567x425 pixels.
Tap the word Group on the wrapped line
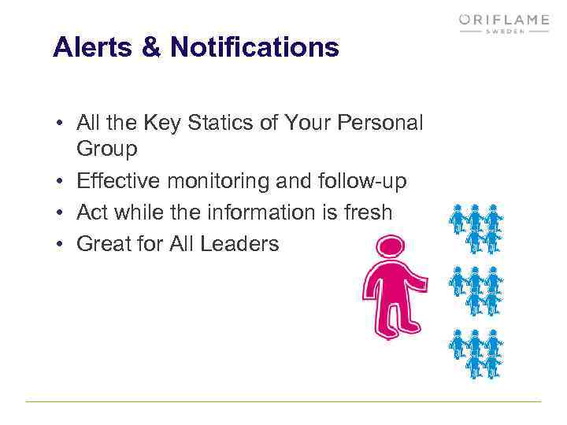107,148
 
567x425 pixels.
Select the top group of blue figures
476,227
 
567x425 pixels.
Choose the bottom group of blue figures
476,353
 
